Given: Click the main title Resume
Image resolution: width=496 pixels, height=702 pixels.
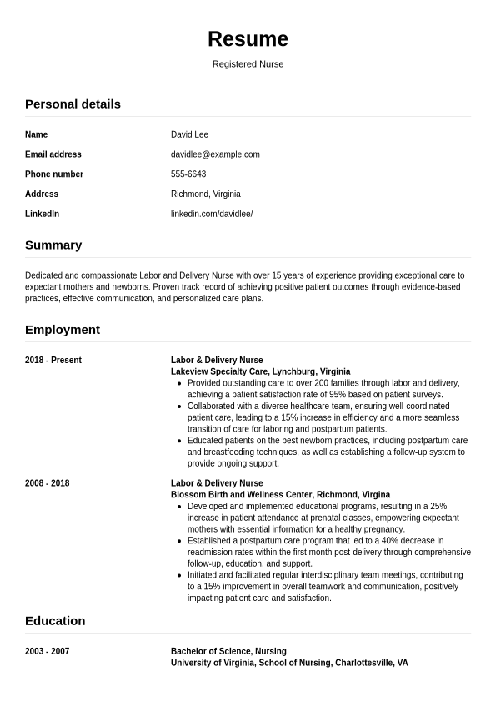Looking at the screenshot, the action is pos(248,39).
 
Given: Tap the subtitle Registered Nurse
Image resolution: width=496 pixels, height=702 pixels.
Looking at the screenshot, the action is pos(248,64).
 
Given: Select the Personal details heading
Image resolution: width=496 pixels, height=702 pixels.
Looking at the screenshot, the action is pos(73,104).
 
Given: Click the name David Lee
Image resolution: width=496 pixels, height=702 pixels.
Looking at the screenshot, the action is pos(189,134).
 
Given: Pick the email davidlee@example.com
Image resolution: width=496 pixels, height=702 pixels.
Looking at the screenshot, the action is pos(215,154).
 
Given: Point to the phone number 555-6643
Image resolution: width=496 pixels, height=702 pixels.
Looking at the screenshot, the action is pos(188,174).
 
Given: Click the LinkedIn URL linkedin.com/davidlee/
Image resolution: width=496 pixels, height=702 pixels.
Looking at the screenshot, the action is pos(212,214).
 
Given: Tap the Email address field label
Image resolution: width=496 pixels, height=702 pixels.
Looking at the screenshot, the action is pos(53,154).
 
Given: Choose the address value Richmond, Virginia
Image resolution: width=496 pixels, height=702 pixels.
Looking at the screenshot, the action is pos(206,194).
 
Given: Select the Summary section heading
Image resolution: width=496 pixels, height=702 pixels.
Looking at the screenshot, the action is pos(53,245).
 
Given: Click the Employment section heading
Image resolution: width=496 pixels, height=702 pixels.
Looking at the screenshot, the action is pos(63,330).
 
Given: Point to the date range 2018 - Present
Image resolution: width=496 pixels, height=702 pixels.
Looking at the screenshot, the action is pos(53,361).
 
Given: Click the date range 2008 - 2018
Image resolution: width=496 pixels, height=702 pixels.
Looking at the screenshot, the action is pos(48,483).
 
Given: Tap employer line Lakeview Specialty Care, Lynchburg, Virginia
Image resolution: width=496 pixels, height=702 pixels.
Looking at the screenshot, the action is pos(260,371).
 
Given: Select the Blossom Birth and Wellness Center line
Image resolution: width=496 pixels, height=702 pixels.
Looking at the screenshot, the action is pos(280,494).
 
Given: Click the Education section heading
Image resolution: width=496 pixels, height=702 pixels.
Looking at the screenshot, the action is pos(55,621).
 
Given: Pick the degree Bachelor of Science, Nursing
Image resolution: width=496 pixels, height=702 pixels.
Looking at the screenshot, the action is pos(228,651).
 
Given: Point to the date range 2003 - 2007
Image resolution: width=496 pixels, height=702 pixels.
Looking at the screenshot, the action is pos(48,651).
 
